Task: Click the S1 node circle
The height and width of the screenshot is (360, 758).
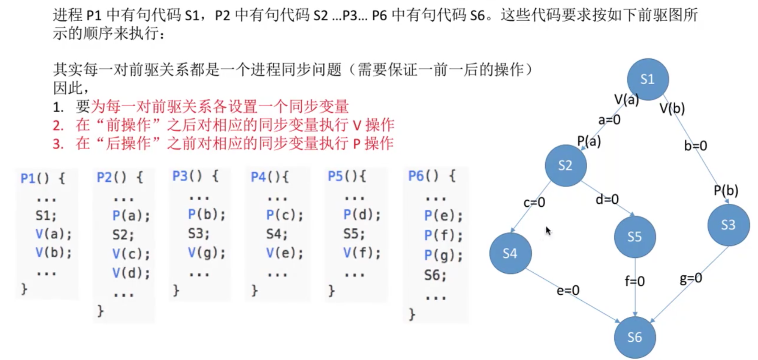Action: click(x=647, y=79)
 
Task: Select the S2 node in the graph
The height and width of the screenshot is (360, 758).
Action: click(x=566, y=165)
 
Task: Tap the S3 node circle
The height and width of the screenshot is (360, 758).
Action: click(x=728, y=224)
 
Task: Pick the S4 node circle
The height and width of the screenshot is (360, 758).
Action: click(x=510, y=253)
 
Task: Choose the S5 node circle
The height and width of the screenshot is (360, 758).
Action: click(x=635, y=237)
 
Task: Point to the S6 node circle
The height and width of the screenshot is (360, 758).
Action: click(x=635, y=337)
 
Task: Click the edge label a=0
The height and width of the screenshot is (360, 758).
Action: click(x=609, y=120)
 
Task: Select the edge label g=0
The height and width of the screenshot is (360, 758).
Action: click(x=691, y=278)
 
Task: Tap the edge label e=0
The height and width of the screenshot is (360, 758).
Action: click(x=568, y=291)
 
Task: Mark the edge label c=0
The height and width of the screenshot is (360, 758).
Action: click(x=534, y=202)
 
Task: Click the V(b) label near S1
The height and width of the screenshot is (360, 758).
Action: click(x=672, y=109)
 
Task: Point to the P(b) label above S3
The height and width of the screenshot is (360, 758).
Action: click(x=726, y=191)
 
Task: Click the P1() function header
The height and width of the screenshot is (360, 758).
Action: click(x=42, y=178)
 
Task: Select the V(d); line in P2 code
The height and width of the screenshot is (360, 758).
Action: click(x=131, y=273)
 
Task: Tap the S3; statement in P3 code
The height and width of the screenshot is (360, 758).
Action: click(x=198, y=234)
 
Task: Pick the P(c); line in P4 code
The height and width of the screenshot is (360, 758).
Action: click(x=284, y=215)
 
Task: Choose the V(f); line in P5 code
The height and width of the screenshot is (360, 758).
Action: click(x=361, y=253)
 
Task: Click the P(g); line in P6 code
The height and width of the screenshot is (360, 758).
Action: click(x=443, y=255)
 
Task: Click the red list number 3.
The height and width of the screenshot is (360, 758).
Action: click(x=58, y=144)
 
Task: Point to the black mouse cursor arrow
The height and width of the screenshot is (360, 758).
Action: click(x=548, y=231)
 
